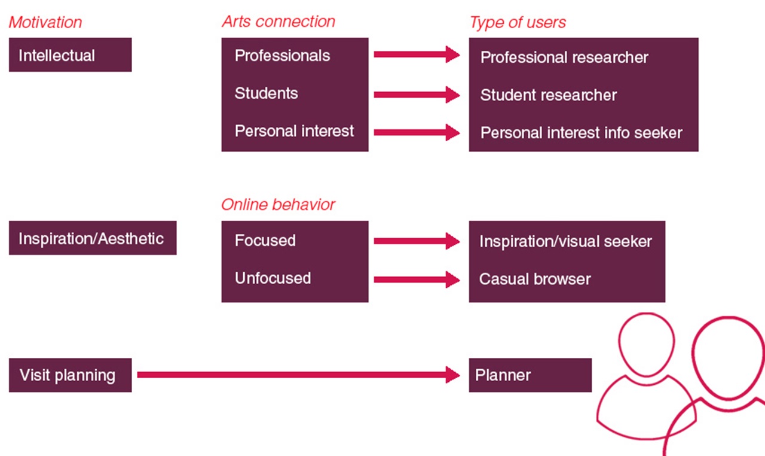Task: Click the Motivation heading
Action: pyautogui.click(x=45, y=23)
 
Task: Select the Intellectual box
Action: pyautogui.click(x=70, y=55)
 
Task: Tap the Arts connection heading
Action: pyautogui.click(x=278, y=22)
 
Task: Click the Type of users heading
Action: pyautogui.click(x=518, y=23)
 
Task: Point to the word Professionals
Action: pyautogui.click(x=282, y=56)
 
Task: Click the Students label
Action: pyautogui.click(x=266, y=93)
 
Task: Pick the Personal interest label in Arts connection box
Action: pyautogui.click(x=294, y=131)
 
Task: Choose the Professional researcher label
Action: pyautogui.click(x=564, y=57)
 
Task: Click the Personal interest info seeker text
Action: pyautogui.click(x=581, y=133)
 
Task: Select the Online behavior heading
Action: pyautogui.click(x=278, y=205)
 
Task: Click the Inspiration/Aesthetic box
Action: pyautogui.click(x=92, y=238)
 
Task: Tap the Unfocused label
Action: pyautogui.click(x=273, y=278)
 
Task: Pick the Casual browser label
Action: pyautogui.click(x=535, y=279)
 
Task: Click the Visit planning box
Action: pyautogui.click(x=70, y=375)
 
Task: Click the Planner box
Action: pyautogui.click(x=530, y=375)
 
